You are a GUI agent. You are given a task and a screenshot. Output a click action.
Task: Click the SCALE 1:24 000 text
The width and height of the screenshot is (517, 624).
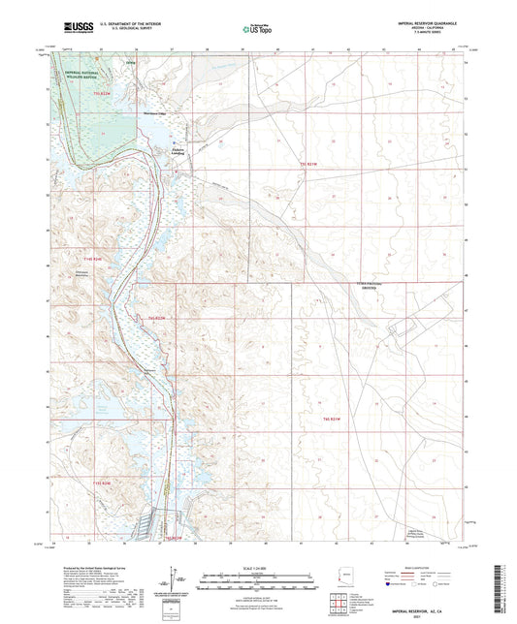click(258, 568)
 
